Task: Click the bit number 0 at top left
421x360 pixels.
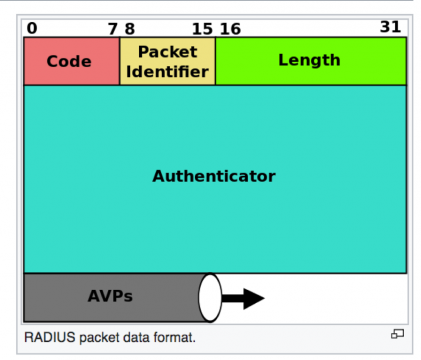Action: [x=32, y=28]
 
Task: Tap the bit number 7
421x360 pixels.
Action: [x=113, y=28]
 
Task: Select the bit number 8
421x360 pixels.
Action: [x=129, y=28]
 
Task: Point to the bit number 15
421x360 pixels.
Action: [x=202, y=28]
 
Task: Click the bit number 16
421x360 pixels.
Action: [x=230, y=28]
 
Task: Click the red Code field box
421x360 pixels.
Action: [x=71, y=61]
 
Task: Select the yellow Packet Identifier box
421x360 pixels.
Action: [x=167, y=61]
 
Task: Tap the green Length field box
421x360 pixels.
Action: [x=310, y=61]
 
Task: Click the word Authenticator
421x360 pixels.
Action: [x=214, y=176]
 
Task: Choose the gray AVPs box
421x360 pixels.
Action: [x=110, y=298]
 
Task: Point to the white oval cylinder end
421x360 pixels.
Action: [x=210, y=298]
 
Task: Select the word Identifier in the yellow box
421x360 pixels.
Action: [x=167, y=72]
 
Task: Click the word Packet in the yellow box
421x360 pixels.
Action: [x=167, y=51]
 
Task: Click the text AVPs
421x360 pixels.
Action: [x=109, y=296]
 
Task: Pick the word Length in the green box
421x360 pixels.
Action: [x=310, y=61]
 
